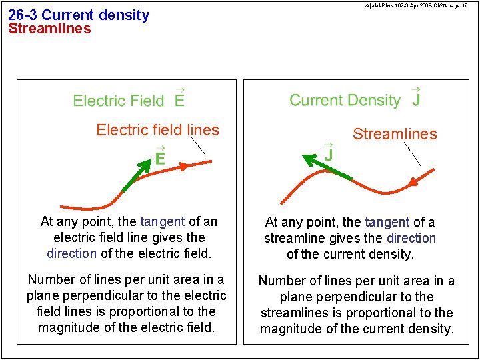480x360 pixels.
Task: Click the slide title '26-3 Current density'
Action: click(79, 15)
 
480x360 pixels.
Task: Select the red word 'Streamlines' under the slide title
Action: click(49, 29)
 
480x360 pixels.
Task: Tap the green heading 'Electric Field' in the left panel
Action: click(118, 101)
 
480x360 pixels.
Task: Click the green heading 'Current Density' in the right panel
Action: click(345, 101)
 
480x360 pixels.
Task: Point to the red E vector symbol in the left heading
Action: click(179, 99)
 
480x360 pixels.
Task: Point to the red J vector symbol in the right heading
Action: click(415, 99)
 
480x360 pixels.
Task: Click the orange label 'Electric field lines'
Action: click(157, 130)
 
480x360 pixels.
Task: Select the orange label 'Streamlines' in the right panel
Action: click(395, 134)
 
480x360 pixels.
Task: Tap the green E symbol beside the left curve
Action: click(160, 157)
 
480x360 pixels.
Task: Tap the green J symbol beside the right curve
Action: click(329, 153)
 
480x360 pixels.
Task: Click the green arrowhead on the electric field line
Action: click(146, 164)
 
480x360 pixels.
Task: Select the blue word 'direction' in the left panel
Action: click(71, 253)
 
